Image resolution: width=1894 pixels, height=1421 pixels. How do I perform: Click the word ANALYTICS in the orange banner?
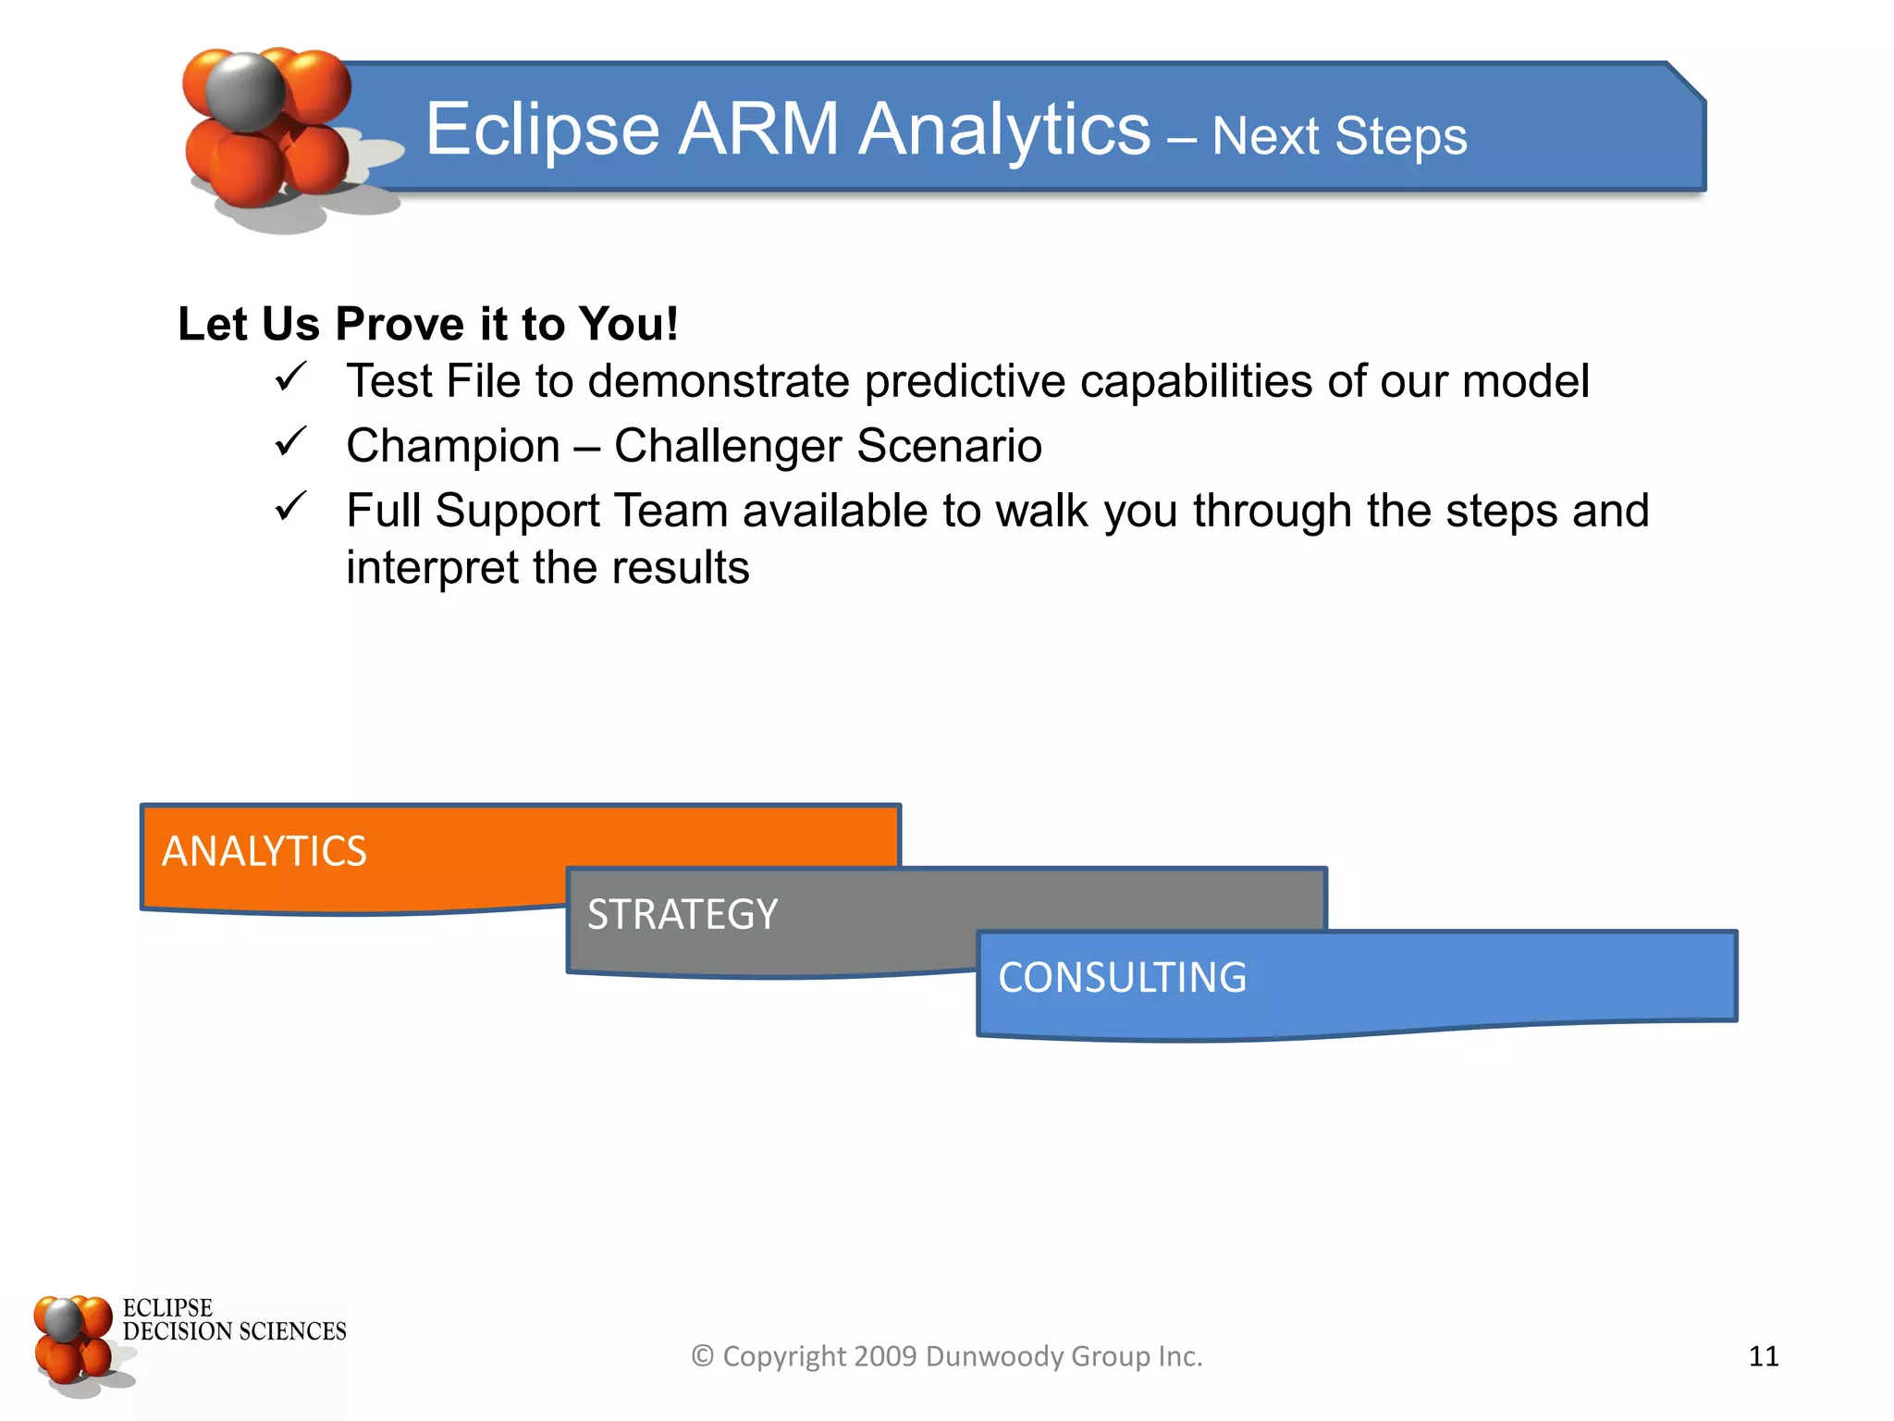(264, 851)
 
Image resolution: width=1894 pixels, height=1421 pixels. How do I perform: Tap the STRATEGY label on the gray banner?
(683, 914)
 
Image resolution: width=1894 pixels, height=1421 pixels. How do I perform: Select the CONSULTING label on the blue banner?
(1122, 978)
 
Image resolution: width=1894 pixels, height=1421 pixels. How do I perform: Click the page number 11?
(1764, 1356)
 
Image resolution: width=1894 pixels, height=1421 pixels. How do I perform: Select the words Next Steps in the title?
(1339, 137)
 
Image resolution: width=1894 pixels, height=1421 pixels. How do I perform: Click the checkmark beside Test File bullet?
(289, 377)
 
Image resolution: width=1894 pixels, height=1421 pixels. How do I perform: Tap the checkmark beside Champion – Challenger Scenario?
(289, 442)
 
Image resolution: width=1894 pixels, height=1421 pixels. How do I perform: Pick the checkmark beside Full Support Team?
(289, 507)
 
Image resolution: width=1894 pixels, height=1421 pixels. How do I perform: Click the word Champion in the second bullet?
(453, 446)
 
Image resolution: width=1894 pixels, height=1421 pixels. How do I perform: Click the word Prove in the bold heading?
(400, 324)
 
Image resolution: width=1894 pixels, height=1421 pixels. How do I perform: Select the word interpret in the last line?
(432, 567)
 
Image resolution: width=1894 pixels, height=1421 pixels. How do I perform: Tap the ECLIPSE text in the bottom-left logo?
(167, 1308)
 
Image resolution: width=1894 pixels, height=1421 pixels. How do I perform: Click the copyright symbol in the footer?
(703, 1356)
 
